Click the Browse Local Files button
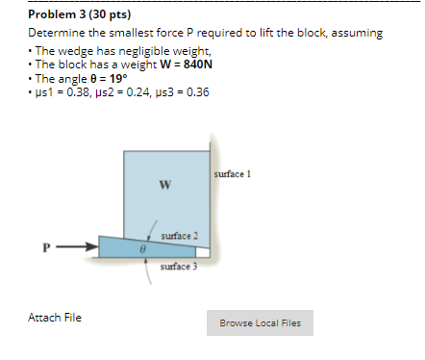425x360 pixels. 260,323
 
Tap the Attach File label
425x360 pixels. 55,317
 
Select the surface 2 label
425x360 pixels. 181,236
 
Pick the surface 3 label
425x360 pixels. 179,266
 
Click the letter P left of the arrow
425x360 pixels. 44,246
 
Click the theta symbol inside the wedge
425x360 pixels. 141,247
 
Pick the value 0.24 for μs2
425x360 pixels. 131,91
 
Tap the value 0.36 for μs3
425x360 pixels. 191,91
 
